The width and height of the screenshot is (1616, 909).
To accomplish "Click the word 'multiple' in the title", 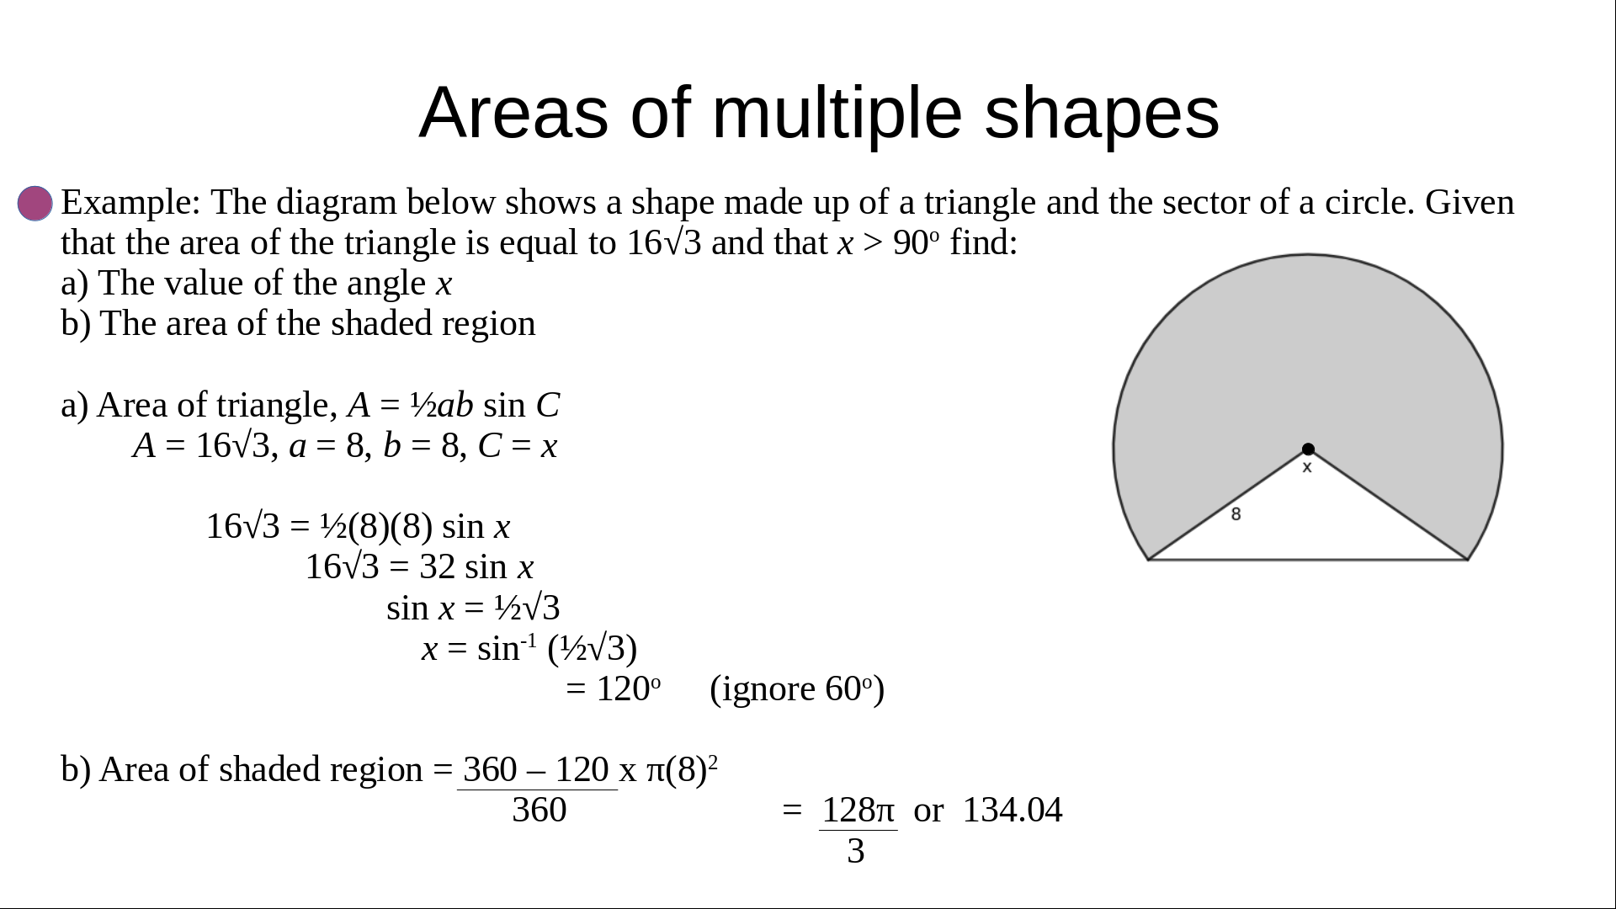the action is (837, 114).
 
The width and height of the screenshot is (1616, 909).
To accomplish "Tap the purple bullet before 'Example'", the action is (35, 204).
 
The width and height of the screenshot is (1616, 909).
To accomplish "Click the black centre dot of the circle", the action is (1308, 449).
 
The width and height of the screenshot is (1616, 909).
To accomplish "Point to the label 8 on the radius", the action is (1236, 513).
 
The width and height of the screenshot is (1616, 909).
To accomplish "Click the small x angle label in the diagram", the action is (1307, 467).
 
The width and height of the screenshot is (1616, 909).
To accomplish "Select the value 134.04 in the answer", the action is (1013, 810).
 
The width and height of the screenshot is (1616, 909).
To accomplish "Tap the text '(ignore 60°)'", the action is (797, 689).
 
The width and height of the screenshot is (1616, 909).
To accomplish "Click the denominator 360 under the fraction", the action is (540, 810).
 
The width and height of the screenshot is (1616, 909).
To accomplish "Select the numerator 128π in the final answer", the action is (858, 810).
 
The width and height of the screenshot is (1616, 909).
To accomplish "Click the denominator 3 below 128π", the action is (856, 851).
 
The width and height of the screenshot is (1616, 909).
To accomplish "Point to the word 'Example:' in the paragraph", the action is (130, 203).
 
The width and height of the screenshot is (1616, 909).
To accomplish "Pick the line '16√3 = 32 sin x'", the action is (419, 567).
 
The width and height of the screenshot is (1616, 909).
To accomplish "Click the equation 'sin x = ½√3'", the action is (473, 608).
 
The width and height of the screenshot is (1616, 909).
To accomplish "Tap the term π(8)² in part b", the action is (682, 769).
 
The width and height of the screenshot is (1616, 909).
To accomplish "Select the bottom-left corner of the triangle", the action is (1149, 559).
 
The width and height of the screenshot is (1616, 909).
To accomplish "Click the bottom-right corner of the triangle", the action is (1468, 559).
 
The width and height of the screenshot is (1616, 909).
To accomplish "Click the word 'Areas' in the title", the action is (513, 114).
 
